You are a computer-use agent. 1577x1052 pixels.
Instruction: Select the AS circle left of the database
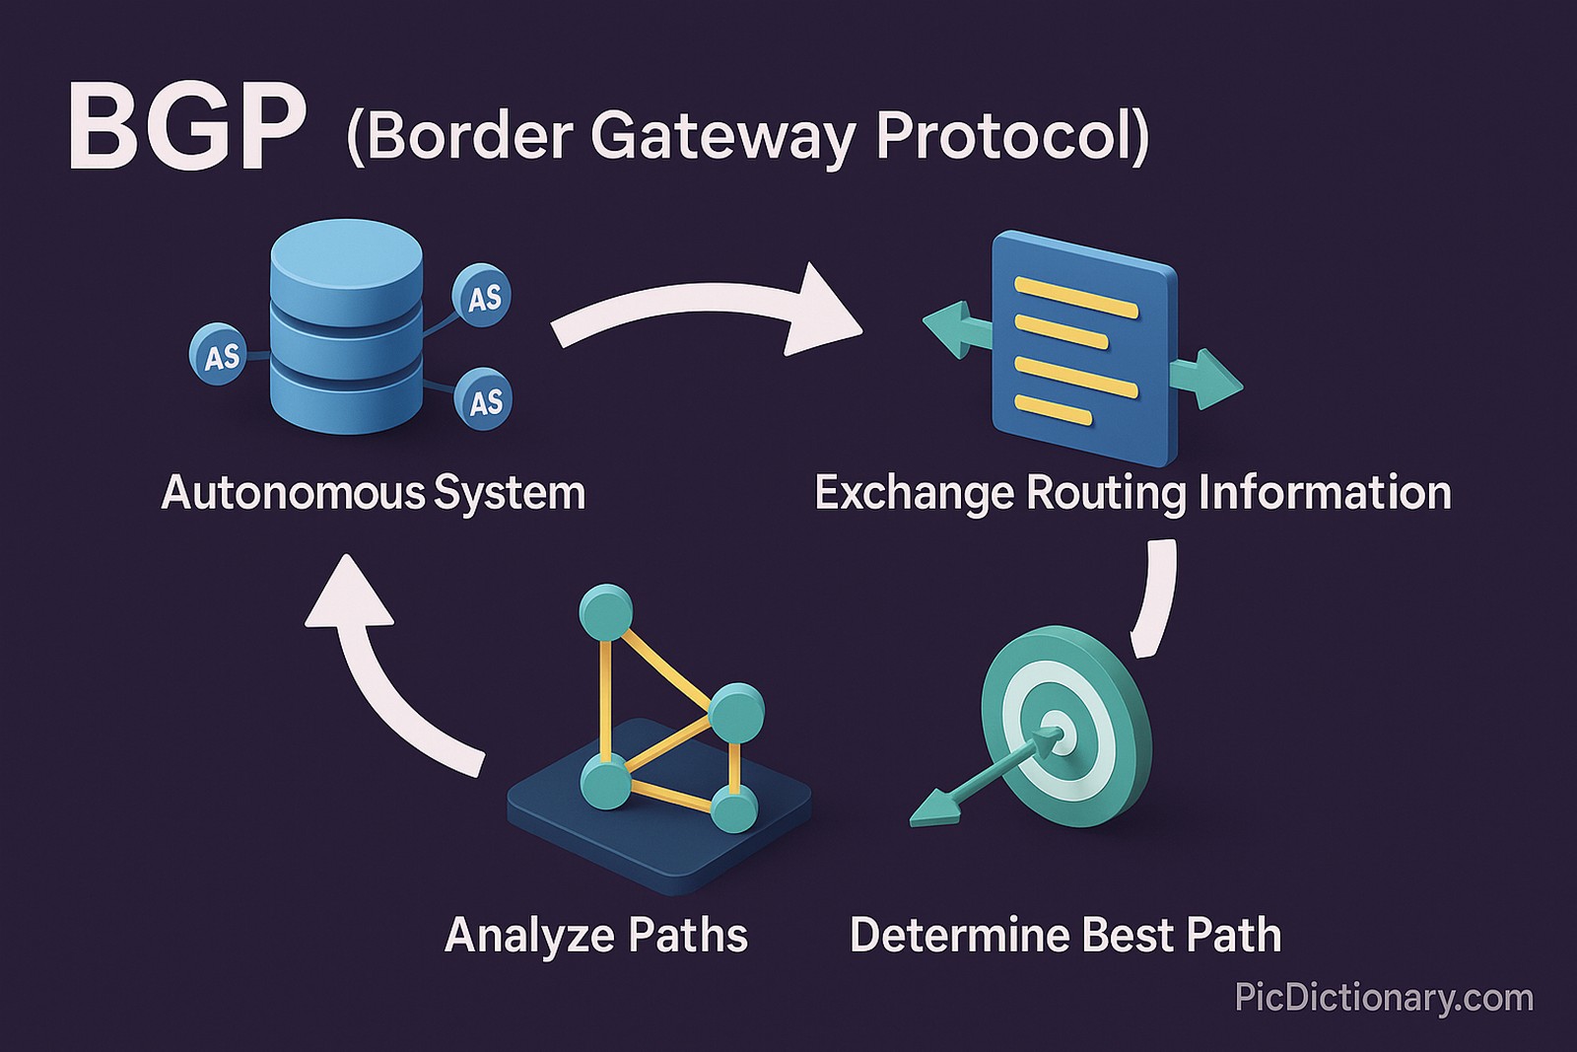pos(219,354)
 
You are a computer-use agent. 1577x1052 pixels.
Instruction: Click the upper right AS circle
pos(482,296)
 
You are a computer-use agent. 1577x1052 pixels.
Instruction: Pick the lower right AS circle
pos(484,399)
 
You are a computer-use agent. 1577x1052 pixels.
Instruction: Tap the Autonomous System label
pos(373,492)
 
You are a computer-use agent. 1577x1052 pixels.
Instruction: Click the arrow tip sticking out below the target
pos(931,812)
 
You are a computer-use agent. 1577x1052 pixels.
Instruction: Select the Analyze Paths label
pos(595,935)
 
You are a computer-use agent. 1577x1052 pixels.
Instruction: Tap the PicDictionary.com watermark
pos(1384,998)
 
